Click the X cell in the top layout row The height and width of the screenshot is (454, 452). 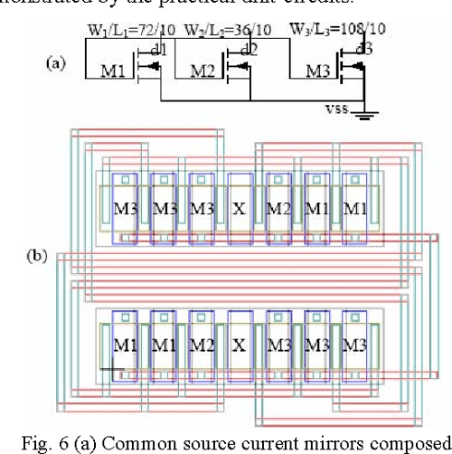[x=239, y=208]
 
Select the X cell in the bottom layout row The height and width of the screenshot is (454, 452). [x=239, y=345]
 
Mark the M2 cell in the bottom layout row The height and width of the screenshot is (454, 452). [x=201, y=345]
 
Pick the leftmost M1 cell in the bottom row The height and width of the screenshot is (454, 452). [x=125, y=345]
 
